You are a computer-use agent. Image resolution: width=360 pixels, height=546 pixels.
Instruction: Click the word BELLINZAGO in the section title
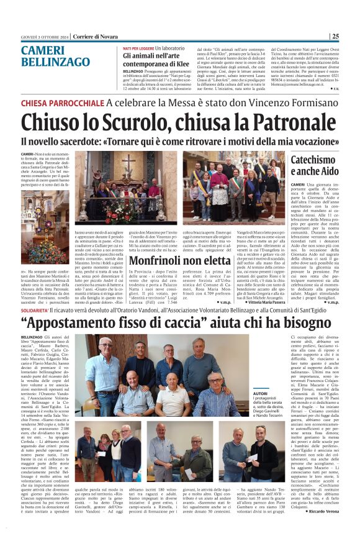coord(55,61)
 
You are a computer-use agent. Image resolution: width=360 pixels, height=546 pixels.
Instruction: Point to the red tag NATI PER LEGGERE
coord(138,48)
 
